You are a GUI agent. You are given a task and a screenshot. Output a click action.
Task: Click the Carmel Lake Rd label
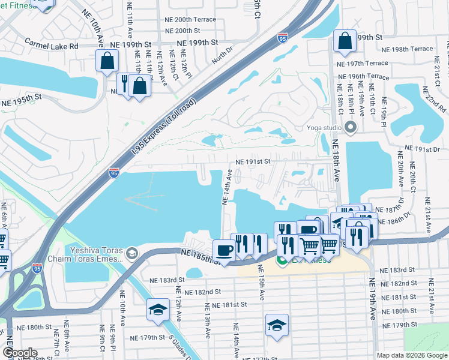52,45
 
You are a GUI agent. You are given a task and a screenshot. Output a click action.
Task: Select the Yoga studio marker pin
351,127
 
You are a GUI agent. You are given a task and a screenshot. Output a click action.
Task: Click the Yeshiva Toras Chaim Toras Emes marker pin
132,255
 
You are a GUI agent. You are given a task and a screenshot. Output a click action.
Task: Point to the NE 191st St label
253,161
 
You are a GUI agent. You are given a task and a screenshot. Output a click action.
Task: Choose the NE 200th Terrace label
190,19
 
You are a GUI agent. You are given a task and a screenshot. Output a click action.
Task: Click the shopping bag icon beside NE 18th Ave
345,41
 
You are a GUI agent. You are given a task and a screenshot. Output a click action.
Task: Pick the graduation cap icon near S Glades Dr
158,310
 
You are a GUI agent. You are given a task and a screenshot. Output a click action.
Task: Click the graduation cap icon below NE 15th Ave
277,325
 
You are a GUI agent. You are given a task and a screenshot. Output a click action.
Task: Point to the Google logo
20,353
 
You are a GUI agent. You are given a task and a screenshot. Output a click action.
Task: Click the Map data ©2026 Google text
411,355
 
